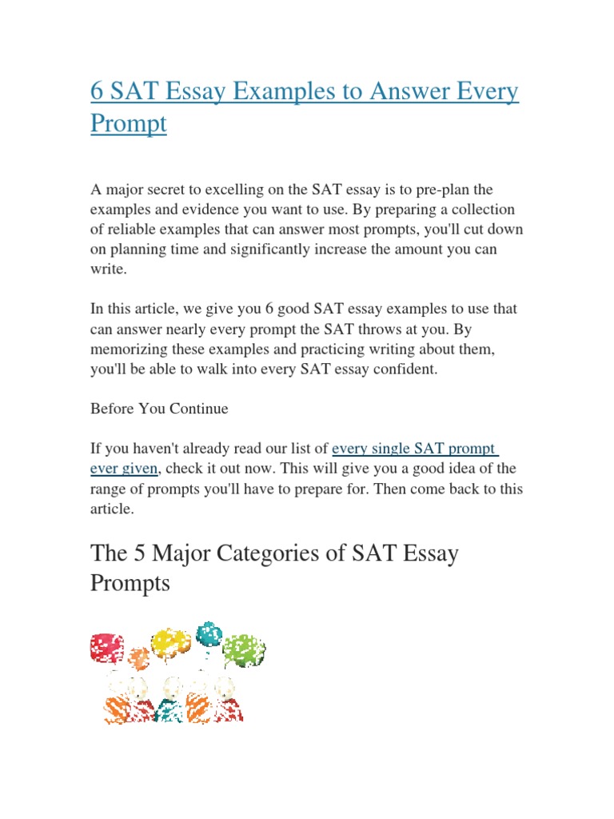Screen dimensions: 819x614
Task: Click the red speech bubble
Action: (107, 647)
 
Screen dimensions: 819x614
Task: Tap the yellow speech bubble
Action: (170, 642)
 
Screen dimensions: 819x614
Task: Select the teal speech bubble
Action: (209, 633)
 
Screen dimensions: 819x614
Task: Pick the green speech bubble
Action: (244, 651)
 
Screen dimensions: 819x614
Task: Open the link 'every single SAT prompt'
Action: (414, 448)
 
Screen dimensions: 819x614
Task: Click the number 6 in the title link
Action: (97, 92)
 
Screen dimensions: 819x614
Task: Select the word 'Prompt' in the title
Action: (128, 124)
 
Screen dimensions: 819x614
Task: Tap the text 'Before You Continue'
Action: (159, 408)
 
